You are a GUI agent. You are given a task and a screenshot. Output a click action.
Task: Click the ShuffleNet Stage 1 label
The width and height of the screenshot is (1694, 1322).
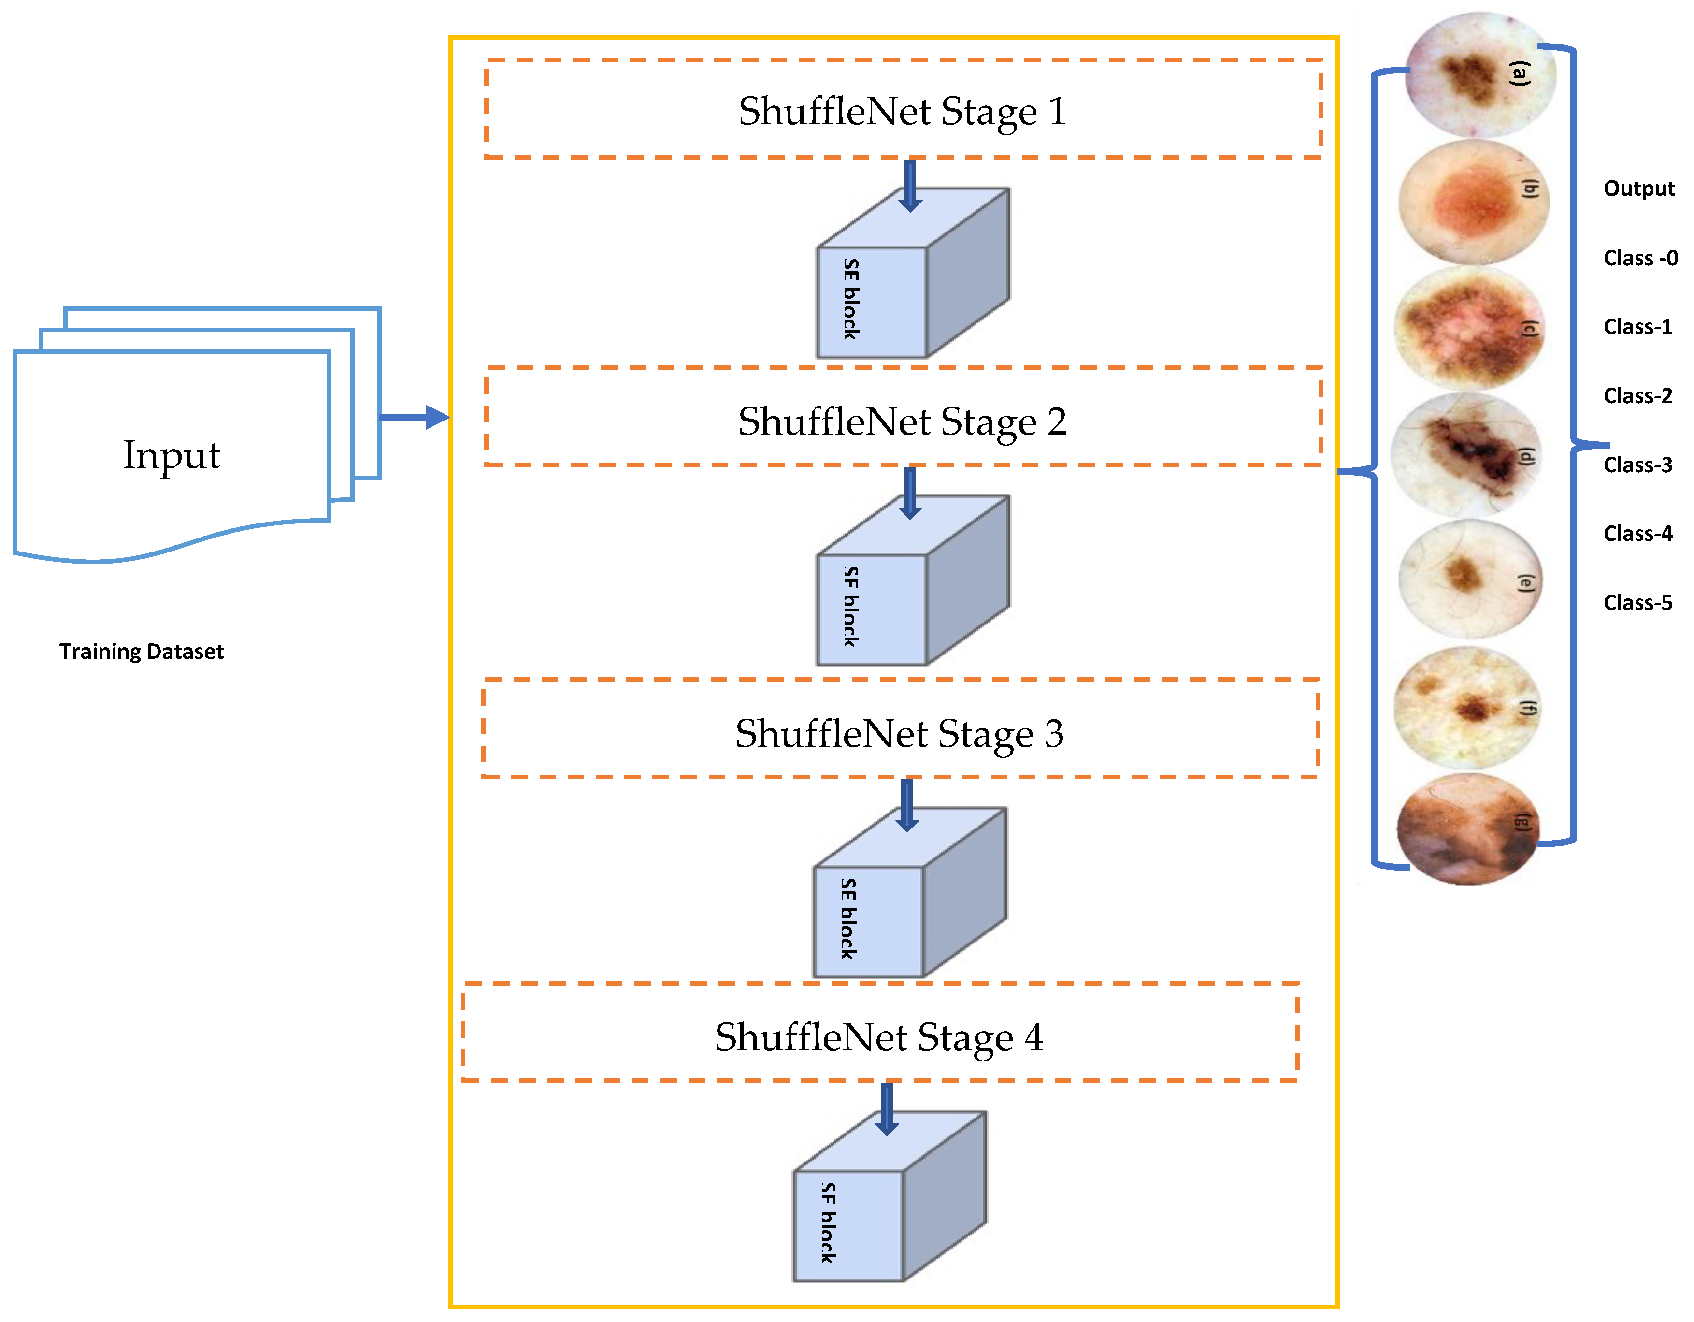[902, 111]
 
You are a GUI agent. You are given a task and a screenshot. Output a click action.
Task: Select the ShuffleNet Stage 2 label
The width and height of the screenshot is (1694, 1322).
[902, 421]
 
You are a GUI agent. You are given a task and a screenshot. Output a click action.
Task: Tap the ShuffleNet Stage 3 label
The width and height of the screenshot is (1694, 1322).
[900, 733]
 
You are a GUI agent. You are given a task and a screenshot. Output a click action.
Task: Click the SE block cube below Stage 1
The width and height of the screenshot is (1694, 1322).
[913, 273]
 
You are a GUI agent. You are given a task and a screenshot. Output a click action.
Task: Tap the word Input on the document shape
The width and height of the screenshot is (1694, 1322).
[172, 455]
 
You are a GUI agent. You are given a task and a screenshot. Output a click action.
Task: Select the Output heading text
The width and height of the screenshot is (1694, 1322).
[1639, 189]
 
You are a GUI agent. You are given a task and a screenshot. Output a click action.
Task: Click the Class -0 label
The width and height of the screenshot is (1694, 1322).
[1640, 258]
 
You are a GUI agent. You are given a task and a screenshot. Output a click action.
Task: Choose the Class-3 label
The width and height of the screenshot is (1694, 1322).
[1638, 465]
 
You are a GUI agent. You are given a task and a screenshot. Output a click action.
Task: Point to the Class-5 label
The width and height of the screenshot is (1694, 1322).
[1638, 603]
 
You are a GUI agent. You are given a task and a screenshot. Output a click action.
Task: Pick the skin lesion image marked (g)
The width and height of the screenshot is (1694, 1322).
[1467, 828]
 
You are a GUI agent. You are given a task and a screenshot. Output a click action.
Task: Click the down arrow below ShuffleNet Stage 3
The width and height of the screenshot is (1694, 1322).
[907, 805]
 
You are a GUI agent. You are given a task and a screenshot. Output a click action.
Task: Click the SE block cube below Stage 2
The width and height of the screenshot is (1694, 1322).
[913, 581]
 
